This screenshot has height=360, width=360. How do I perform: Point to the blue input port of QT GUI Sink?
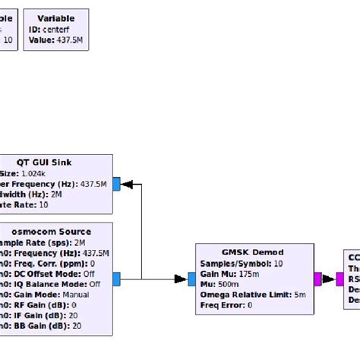click(x=116, y=183)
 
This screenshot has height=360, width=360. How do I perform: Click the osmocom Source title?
click(x=53, y=232)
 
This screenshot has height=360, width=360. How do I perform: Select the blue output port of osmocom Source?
click(x=116, y=279)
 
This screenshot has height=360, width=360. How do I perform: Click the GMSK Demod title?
click(x=254, y=252)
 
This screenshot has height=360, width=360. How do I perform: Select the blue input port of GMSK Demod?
click(x=192, y=279)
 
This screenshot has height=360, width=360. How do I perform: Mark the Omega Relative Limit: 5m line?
click(x=254, y=295)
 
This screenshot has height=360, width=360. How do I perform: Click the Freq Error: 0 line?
click(x=226, y=305)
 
